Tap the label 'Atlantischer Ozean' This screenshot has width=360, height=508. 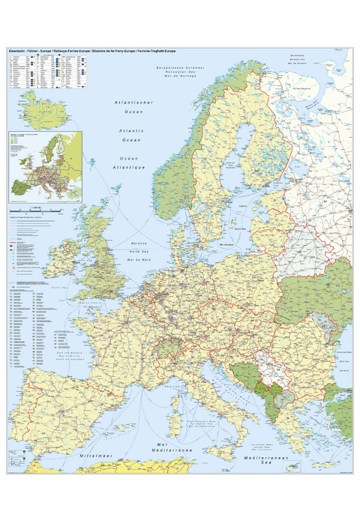[x=128, y=106]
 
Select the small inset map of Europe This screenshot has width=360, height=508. [x=44, y=166]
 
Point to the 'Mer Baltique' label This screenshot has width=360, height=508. [x=224, y=244]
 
